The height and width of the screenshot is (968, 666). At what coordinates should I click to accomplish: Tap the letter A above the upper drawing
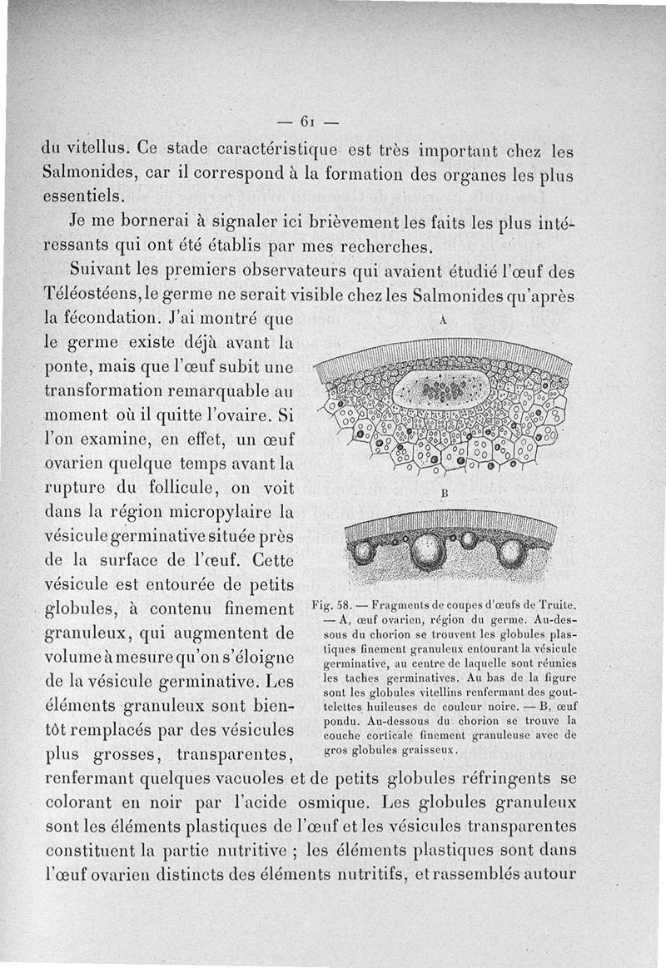[x=443, y=320]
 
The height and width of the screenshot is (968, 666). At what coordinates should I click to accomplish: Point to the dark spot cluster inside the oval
[x=439, y=388]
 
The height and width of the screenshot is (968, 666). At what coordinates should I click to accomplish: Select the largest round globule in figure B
[x=428, y=550]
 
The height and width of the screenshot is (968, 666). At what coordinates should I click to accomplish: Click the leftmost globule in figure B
[x=363, y=550]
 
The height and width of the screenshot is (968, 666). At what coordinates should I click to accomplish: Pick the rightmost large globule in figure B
[x=510, y=553]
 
